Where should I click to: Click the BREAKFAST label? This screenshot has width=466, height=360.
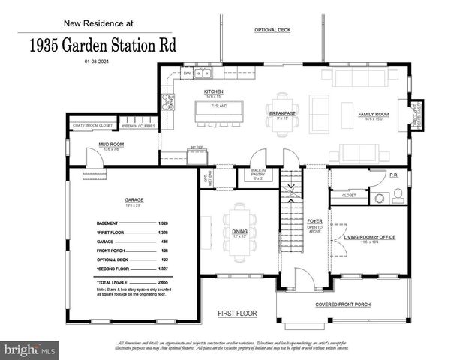pos(282,112)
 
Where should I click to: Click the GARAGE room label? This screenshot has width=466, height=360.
pos(134,200)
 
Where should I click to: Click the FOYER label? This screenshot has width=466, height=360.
pos(315,221)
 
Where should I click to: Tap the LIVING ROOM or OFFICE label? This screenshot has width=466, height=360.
pos(369,236)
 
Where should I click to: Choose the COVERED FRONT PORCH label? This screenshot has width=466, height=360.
pos(344,304)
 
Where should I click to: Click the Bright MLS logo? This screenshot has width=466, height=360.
pos(30,349)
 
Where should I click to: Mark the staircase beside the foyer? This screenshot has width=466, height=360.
pos(290,217)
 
